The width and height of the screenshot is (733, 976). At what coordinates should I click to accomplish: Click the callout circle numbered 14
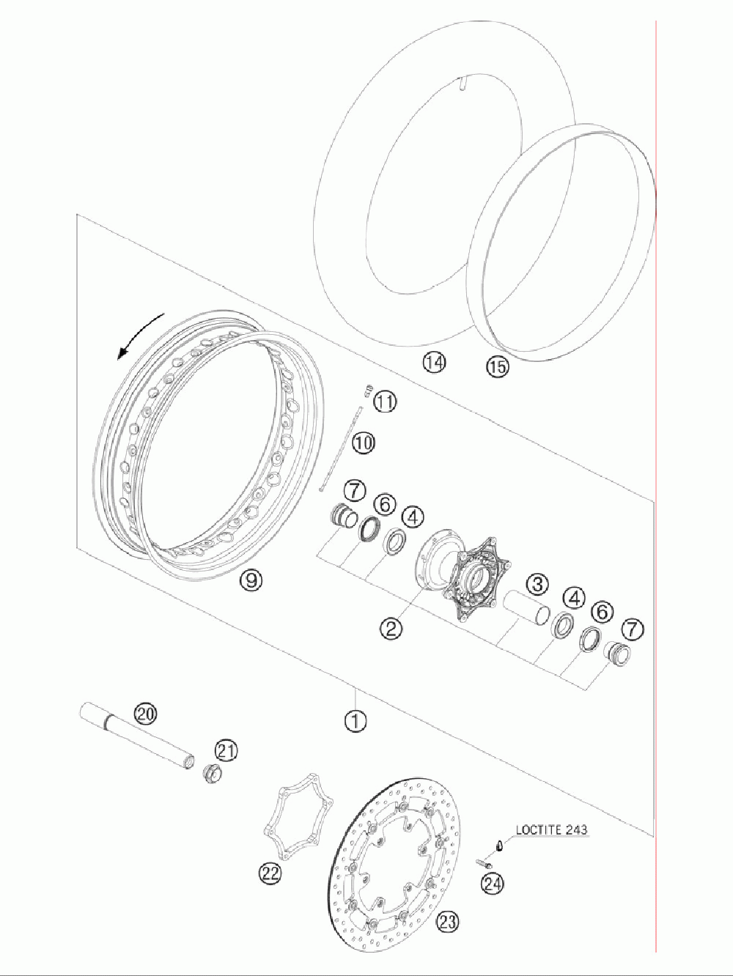434,362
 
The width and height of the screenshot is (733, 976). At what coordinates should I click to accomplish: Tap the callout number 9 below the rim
251,580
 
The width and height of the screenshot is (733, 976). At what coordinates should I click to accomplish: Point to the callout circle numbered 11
385,401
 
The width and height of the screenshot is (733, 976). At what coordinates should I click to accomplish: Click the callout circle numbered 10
364,443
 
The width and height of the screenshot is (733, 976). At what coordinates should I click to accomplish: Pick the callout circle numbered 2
391,627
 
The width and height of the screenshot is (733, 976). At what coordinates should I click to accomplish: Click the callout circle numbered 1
356,720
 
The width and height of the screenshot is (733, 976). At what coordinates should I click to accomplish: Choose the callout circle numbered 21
226,750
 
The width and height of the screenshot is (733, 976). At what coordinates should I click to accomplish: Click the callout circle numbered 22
270,872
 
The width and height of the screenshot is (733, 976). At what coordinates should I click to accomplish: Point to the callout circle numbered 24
493,884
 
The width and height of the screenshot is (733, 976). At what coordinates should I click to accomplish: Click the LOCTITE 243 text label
551,830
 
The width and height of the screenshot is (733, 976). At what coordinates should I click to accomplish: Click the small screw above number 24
482,862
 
